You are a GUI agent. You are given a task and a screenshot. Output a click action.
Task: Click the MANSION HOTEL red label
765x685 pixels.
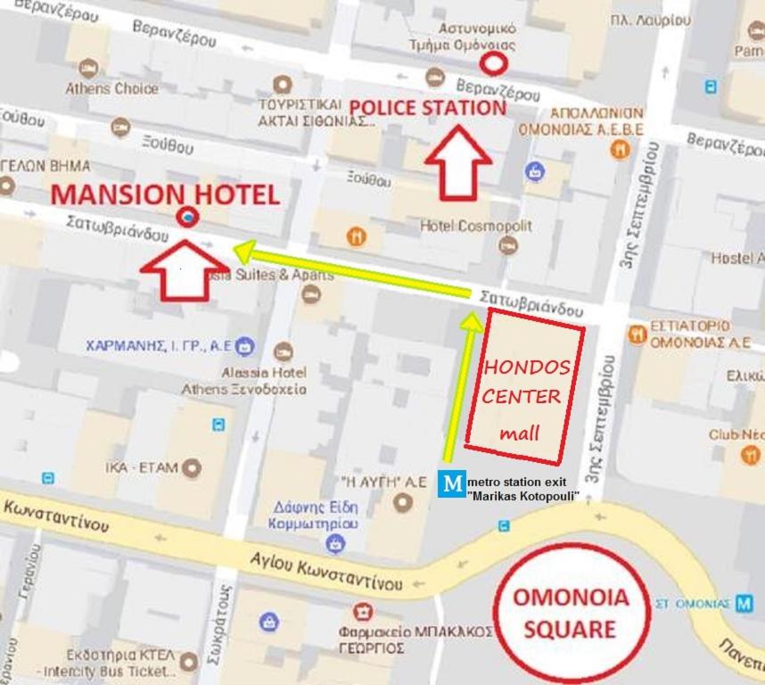coord(165,194)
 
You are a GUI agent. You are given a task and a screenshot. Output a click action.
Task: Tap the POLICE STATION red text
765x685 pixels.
coord(427,108)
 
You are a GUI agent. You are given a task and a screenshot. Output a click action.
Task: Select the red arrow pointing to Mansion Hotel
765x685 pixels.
coord(185,270)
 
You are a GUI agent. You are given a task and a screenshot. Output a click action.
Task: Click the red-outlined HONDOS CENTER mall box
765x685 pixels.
coord(525,386)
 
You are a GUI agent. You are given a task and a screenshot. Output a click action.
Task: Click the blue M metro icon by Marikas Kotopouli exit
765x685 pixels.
coord(453,483)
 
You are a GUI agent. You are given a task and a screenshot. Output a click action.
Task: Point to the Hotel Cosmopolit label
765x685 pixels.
coord(475,226)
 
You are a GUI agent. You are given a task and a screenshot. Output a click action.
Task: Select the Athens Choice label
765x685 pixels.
coord(111,88)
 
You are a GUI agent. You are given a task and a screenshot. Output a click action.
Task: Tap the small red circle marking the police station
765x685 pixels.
coord(492,63)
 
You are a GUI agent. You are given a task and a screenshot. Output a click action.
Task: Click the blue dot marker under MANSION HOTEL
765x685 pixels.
coord(187,216)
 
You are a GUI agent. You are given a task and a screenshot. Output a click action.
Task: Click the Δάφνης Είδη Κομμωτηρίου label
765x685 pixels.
coord(316,516)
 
